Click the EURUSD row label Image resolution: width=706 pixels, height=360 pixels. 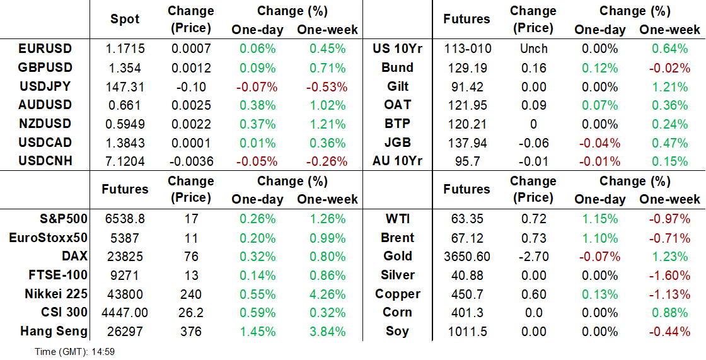45,49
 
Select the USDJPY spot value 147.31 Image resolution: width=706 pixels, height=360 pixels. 125,86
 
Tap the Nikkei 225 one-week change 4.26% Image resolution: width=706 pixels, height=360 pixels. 321,294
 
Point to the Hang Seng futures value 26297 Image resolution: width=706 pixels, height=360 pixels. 125,332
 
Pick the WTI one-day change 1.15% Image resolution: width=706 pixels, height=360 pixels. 599,219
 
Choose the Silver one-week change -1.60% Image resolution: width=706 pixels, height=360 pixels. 669,276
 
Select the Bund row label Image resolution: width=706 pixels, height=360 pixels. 397,67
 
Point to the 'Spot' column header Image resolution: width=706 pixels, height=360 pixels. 125,19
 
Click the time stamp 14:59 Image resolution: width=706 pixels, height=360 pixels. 103,352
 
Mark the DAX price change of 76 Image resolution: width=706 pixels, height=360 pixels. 192,257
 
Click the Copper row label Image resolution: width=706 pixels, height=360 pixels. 397,294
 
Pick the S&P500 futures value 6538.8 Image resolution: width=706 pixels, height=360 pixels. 125,219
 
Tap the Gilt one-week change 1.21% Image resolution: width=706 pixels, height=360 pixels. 669,86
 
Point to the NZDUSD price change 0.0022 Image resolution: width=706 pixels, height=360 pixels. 192,124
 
